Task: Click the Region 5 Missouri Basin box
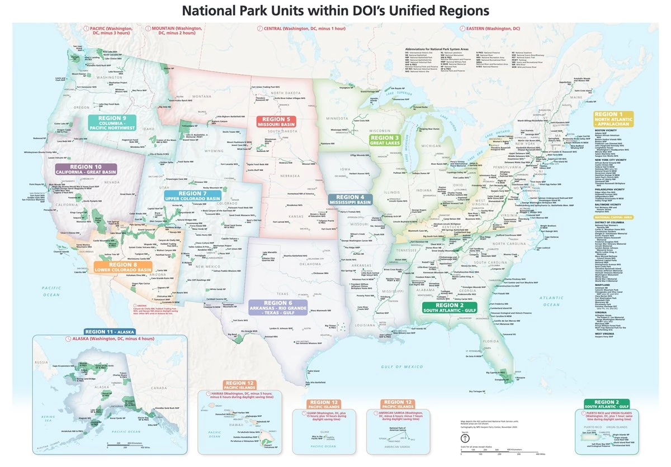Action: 277,122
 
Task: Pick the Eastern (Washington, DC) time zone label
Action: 493,27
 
